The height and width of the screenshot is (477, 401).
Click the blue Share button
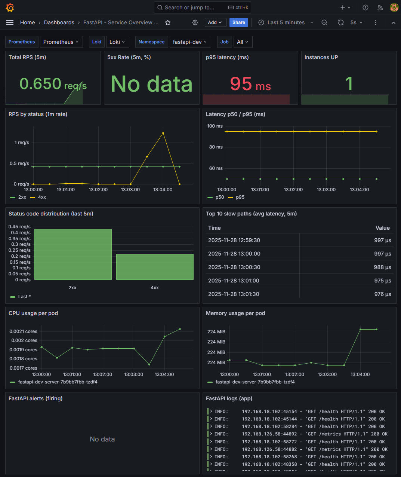tap(238, 22)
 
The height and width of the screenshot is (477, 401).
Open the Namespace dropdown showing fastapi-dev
tap(190, 42)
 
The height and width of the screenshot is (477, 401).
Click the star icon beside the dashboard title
tap(168, 22)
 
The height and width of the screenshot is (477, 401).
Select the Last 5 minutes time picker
tap(286, 22)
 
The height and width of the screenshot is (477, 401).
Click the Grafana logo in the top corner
tap(10, 7)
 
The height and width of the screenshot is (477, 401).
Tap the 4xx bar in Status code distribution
tap(155, 267)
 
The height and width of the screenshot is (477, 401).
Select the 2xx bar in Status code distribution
tap(73, 254)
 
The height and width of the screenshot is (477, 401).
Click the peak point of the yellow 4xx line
tap(163, 133)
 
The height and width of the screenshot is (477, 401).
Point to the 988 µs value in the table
tap(382, 267)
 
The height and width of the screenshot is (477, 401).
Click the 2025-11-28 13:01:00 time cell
tap(234, 281)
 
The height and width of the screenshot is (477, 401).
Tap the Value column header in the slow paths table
tap(382, 228)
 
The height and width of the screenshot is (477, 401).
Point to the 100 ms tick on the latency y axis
tap(215, 126)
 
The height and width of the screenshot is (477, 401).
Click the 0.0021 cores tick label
tap(23, 331)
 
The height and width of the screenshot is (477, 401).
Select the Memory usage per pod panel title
tap(235, 313)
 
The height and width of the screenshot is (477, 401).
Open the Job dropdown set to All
tap(242, 42)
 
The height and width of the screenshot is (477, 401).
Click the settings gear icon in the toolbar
tap(195, 22)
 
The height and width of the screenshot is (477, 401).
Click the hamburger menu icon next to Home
tap(10, 22)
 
